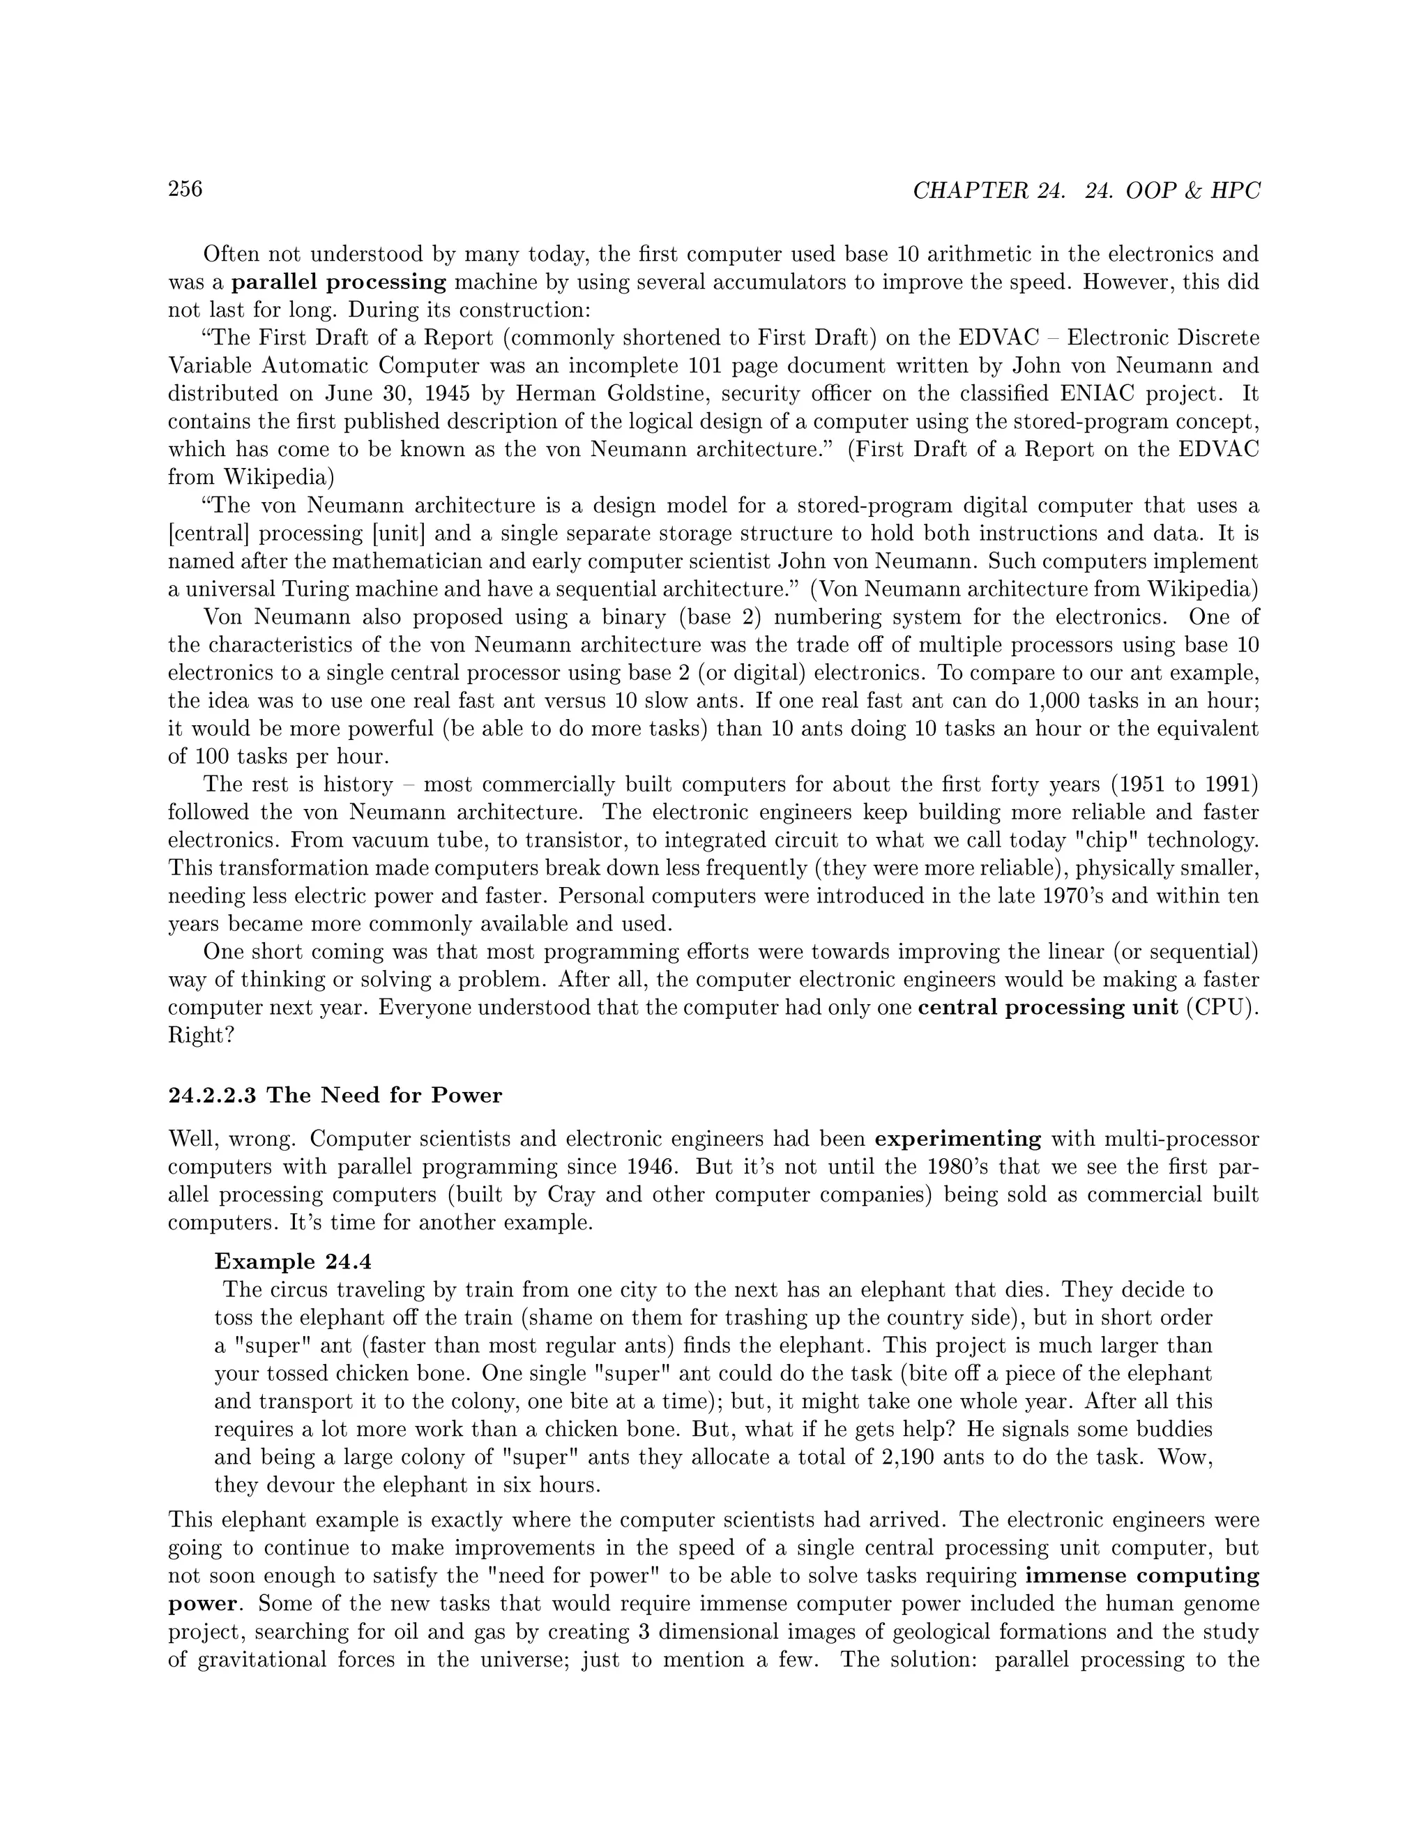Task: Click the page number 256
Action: (185, 189)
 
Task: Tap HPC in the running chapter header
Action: (1235, 191)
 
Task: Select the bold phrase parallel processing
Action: (338, 282)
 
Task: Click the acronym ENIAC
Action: (1106, 393)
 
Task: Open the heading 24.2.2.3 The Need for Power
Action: (335, 1096)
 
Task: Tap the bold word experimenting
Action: (957, 1139)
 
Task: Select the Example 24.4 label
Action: (293, 1262)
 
